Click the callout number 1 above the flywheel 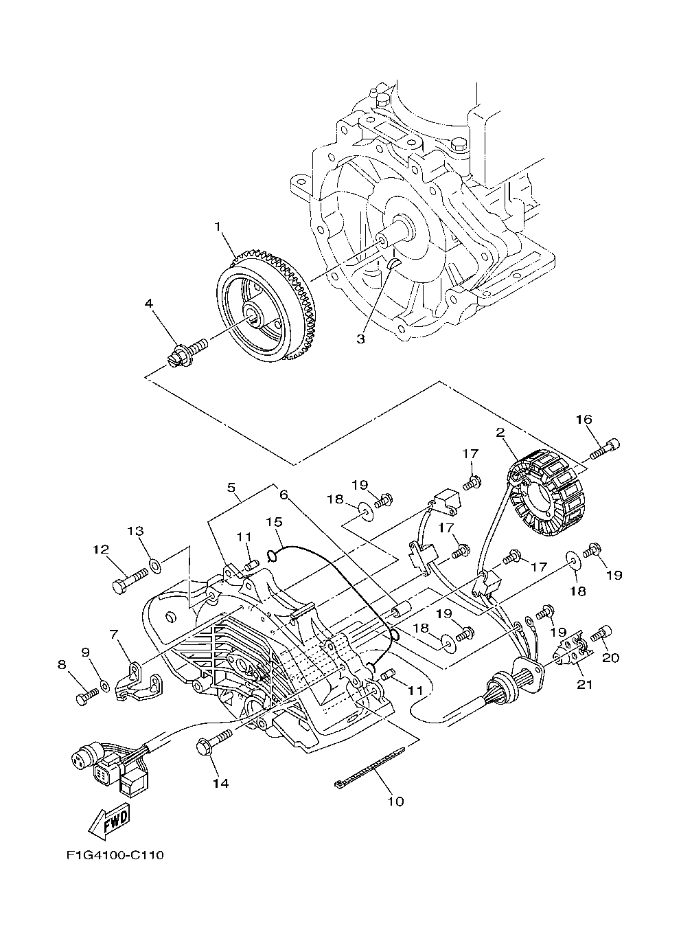tap(218, 227)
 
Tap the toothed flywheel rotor tap(266, 306)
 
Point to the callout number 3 tap(360, 339)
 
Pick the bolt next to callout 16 tap(605, 449)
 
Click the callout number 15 tap(274, 522)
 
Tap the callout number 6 tap(284, 495)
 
